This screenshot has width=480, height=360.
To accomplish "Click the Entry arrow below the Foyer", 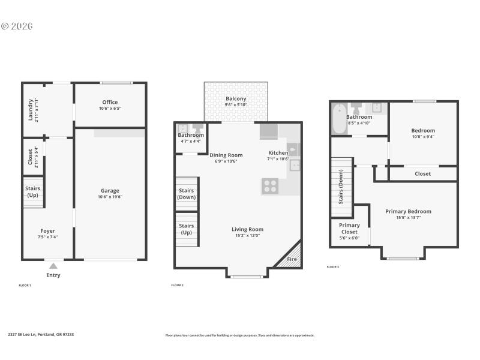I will click(53, 266).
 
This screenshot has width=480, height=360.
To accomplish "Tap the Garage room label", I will click(110, 191).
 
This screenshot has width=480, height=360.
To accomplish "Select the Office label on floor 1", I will click(110, 102).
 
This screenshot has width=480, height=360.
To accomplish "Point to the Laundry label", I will click(31, 109).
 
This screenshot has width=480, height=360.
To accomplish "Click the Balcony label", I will click(236, 99).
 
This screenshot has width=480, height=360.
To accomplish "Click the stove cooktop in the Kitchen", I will click(270, 186).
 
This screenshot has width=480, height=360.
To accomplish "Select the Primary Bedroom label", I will click(408, 211).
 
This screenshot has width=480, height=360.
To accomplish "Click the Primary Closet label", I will click(349, 229).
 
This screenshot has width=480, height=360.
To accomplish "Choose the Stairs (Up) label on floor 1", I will click(32, 192).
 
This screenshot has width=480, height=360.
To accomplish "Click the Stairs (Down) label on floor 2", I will click(187, 194).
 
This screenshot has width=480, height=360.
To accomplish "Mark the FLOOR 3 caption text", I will click(333, 266).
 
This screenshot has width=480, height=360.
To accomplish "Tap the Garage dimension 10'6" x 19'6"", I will click(110, 197).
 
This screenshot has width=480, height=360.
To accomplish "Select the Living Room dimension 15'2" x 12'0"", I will click(247, 235).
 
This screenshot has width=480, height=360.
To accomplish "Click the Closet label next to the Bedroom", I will click(422, 174).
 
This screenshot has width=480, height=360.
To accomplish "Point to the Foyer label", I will click(47, 231).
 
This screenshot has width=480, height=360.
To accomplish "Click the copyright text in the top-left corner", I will click(17, 26).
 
